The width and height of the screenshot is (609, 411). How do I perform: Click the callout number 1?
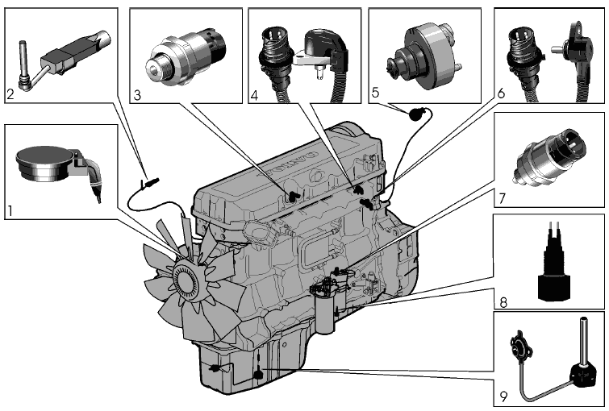tap(10, 211)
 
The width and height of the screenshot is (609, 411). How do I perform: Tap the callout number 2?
tap(10, 94)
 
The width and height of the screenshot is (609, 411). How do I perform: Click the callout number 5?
tap(374, 93)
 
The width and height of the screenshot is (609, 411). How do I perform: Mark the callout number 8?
tap(503, 303)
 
